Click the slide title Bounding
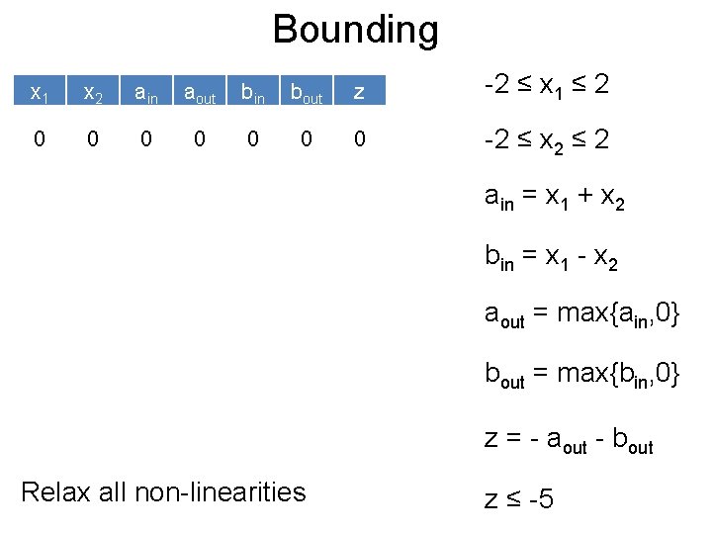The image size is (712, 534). pyautogui.click(x=355, y=30)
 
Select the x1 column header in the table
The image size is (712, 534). pyautogui.click(x=40, y=94)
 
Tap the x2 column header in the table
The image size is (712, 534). pyautogui.click(x=93, y=94)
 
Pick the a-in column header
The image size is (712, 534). pyautogui.click(x=146, y=94)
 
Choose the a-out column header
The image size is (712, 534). pyautogui.click(x=200, y=94)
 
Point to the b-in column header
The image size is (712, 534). pyautogui.click(x=253, y=94)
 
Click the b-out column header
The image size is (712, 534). pyautogui.click(x=307, y=94)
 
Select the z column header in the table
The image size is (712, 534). pyautogui.click(x=359, y=94)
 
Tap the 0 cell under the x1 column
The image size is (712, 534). pyautogui.click(x=40, y=139)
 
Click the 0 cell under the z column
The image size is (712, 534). pyautogui.click(x=359, y=139)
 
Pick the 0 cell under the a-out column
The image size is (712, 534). pyautogui.click(x=200, y=139)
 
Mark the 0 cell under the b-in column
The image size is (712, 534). pyautogui.click(x=253, y=139)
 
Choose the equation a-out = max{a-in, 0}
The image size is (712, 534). pyautogui.click(x=581, y=315)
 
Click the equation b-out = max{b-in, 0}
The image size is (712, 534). pyautogui.click(x=581, y=375)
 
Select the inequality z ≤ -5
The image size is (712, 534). pyautogui.click(x=519, y=497)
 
